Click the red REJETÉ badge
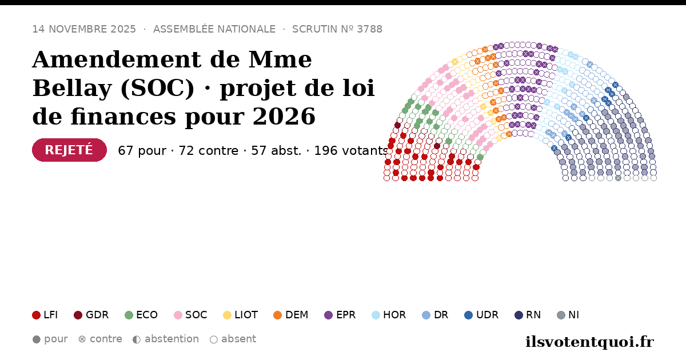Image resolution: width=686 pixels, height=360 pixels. coord(70,150)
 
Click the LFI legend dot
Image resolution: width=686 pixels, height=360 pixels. coord(36,315)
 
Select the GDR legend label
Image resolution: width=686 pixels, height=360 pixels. coord(97,315)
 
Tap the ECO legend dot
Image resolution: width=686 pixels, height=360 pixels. coord(129,315)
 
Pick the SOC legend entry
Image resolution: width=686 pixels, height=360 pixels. coord(190,315)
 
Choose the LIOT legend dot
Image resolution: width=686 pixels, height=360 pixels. coord(228,315)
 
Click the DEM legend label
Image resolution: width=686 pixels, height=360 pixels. coord(297,315)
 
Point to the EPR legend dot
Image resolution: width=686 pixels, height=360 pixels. coord(328,315)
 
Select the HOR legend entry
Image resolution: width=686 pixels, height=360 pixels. coord(389,315)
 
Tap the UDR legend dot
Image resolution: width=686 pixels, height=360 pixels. coord(469,315)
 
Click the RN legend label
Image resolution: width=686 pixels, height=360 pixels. coord(533,315)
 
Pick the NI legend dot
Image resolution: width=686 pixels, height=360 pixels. coord(561,315)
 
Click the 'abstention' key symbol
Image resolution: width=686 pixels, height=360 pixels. coord(137,339)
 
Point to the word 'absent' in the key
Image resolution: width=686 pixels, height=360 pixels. coord(238,339)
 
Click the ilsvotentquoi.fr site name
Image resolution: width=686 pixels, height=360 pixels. coord(589,342)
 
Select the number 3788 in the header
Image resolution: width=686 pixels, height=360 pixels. coord(370,29)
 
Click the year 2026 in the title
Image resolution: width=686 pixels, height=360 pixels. coord(284,117)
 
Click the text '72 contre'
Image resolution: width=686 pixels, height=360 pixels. coord(208,151)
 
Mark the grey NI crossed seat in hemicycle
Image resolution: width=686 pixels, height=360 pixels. coord(619,178)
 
